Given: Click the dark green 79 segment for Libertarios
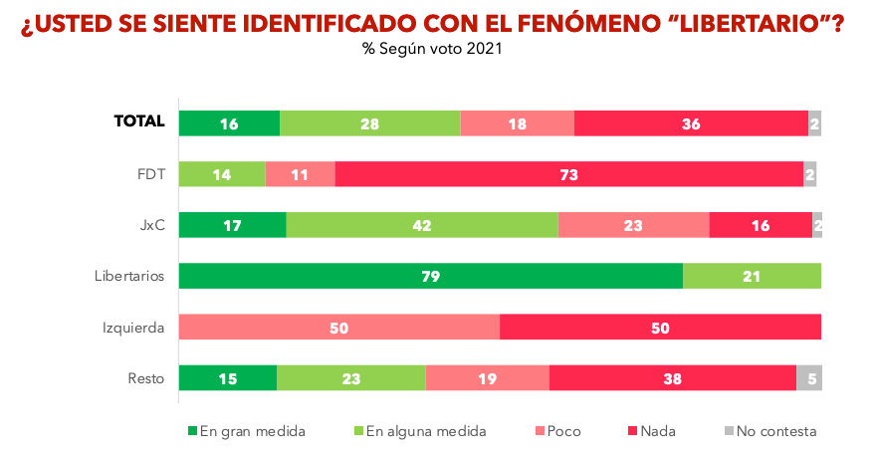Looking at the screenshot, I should (x=431, y=276).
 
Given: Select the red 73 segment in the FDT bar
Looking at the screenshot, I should (x=569, y=174).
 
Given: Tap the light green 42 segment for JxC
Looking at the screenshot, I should (x=422, y=225).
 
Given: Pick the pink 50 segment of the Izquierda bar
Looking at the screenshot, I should (x=339, y=328).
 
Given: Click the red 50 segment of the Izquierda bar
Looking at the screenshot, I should (x=660, y=328).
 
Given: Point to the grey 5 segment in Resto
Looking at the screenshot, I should (x=809, y=378).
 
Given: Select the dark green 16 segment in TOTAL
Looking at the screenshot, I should (x=230, y=123).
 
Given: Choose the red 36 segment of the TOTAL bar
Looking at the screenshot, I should (x=691, y=123).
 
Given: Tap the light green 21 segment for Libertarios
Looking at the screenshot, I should (x=752, y=276).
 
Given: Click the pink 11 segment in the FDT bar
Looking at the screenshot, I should (x=301, y=174).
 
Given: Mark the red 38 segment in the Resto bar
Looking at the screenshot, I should (x=672, y=378).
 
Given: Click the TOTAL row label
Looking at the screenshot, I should (x=139, y=121).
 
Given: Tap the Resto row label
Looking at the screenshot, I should (x=146, y=378).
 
